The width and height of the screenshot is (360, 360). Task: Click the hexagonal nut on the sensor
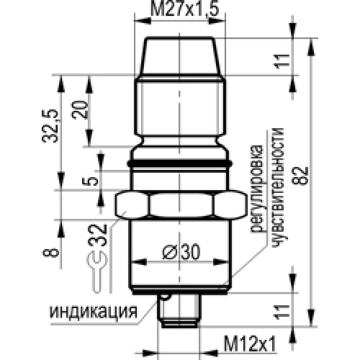177,207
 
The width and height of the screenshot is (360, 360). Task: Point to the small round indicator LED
166,296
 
